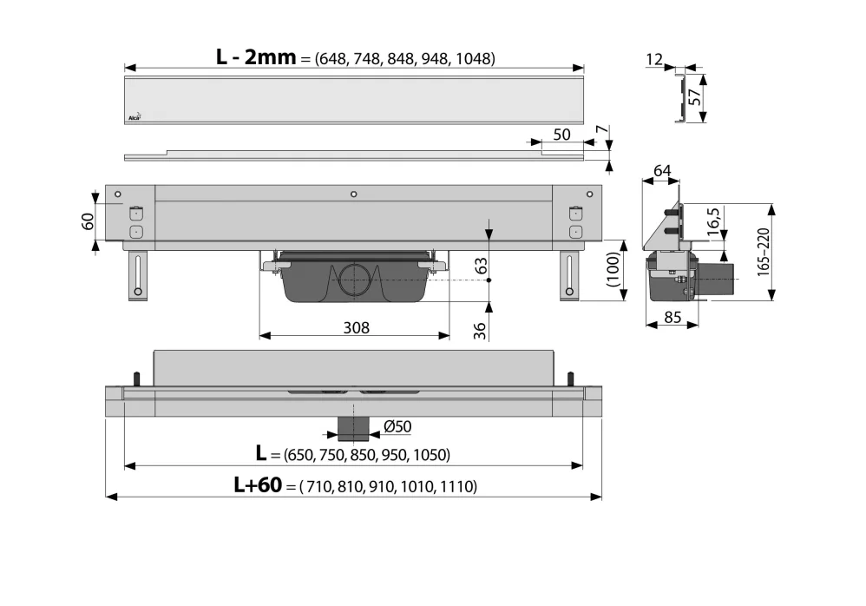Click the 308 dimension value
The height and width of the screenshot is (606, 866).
[356, 327]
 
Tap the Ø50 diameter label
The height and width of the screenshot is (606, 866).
[396, 425]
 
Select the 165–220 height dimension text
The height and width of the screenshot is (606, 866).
[763, 252]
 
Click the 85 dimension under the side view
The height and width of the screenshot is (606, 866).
[672, 318]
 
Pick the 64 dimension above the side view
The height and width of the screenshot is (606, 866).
[662, 171]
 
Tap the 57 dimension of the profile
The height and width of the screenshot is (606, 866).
[694, 97]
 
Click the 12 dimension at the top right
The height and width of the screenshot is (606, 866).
[654, 59]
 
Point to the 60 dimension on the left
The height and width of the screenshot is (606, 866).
[87, 222]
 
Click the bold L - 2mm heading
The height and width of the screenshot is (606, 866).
[256, 57]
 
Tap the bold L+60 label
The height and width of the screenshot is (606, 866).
[258, 485]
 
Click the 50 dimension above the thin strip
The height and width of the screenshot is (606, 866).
[561, 135]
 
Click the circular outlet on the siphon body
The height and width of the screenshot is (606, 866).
[355, 279]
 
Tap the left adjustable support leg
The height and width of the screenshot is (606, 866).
[137, 275]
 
